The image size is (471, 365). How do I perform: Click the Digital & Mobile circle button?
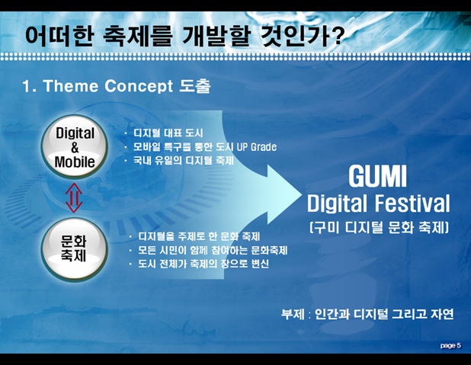[74, 146]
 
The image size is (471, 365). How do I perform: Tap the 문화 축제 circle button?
[74, 249]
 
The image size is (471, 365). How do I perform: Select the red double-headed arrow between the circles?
[74, 198]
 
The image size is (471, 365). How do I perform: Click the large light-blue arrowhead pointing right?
[284, 194]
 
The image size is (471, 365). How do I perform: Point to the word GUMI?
[377, 176]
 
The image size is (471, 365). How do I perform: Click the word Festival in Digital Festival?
[412, 203]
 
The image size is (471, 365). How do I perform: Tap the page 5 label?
[450, 345]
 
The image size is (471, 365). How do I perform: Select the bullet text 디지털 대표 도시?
[168, 133]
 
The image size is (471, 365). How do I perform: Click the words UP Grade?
[257, 147]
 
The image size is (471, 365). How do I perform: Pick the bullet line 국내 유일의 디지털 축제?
[183, 161]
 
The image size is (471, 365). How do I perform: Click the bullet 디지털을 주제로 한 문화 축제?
[199, 236]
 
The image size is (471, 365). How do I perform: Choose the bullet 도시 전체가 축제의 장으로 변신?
[203, 264]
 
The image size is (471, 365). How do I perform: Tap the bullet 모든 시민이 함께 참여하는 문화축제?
[213, 250]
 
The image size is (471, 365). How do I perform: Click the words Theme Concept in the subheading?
[108, 86]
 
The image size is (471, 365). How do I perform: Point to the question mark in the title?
[337, 36]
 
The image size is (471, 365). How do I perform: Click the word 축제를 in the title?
[138, 36]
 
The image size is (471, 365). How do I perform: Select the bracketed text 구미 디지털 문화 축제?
[379, 227]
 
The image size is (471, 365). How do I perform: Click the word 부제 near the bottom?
[293, 314]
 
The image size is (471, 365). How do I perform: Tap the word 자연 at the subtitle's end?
[442, 314]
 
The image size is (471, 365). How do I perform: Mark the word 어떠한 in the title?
[59, 36]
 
